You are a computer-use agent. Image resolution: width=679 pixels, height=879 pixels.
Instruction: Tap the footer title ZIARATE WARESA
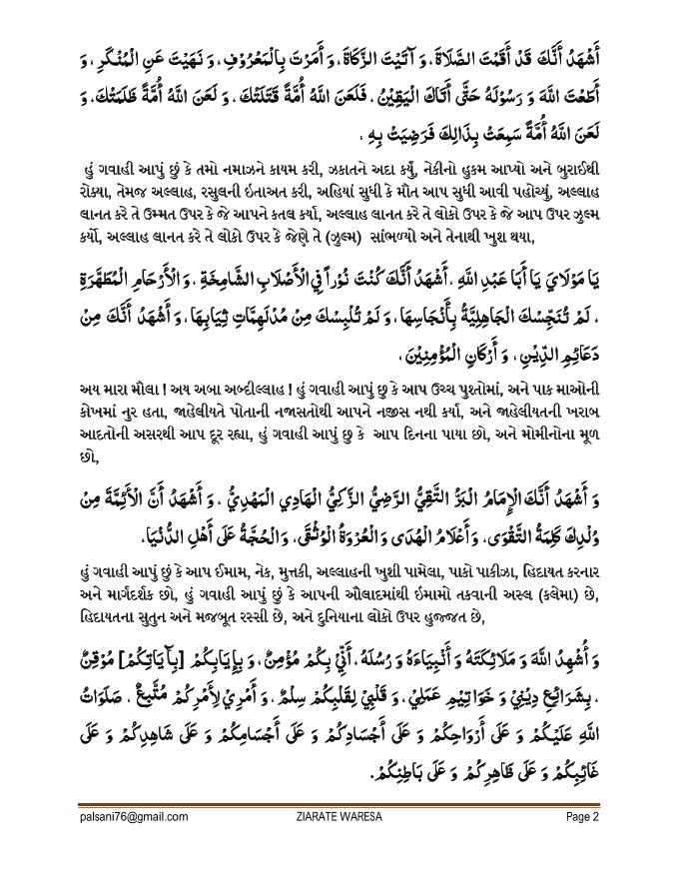click(339, 816)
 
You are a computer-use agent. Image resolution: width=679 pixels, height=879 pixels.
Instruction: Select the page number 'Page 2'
click(581, 816)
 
